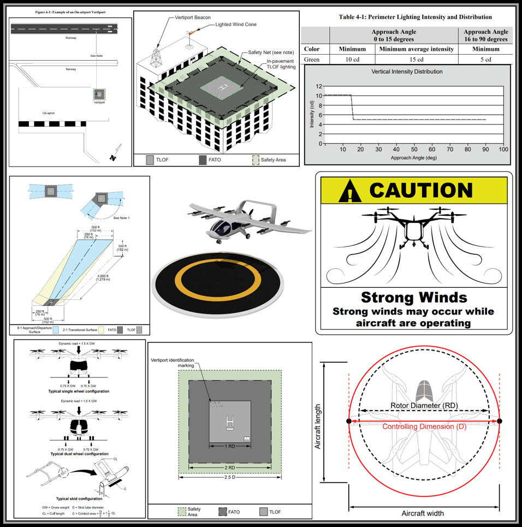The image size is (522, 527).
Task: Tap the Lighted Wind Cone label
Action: coord(236,25)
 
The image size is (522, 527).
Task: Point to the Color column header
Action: coord(312,49)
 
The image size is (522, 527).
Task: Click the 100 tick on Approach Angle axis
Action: coord(503,149)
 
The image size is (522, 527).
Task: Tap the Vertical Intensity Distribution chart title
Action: coord(407,72)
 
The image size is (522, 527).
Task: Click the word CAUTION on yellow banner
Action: coord(420,190)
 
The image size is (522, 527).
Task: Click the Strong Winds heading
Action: coord(414,297)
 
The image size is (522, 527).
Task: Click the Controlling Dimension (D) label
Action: coord(424,427)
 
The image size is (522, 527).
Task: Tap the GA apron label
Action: coord(49,113)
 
